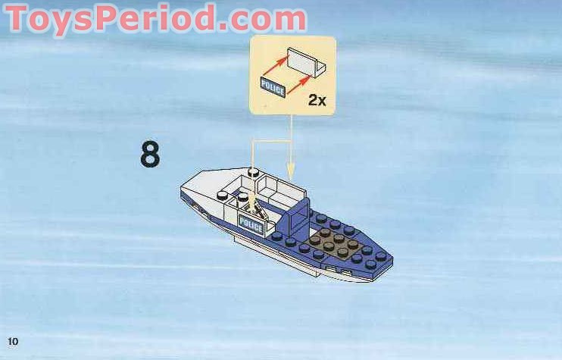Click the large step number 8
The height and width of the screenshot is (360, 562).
pos(150,153)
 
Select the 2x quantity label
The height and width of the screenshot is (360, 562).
pos(317,99)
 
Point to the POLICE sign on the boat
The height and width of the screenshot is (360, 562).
pos(251,224)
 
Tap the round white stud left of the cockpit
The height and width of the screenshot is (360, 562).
pos(223,198)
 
